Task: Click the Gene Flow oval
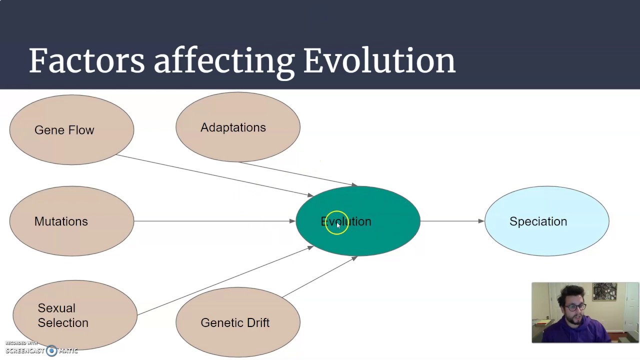pos(71,130)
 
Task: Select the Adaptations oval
pos(237,127)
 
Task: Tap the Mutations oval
pos(71,221)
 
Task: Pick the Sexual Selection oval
pos(75,315)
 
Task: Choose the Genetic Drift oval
pos(237,322)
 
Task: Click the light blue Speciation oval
pos(546,221)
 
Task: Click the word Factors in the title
pos(86,61)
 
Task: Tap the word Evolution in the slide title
pos(379,61)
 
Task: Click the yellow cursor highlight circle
pos(336,223)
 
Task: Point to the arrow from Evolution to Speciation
pos(452,221)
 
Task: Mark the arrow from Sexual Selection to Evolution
pos(225,280)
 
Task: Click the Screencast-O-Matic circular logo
pos(51,350)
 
